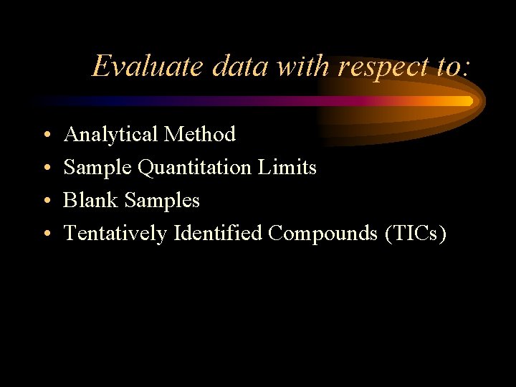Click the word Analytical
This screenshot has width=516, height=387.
pos(110,135)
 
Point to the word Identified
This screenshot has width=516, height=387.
pos(218,233)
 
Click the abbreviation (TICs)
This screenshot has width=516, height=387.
pos(416,234)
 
